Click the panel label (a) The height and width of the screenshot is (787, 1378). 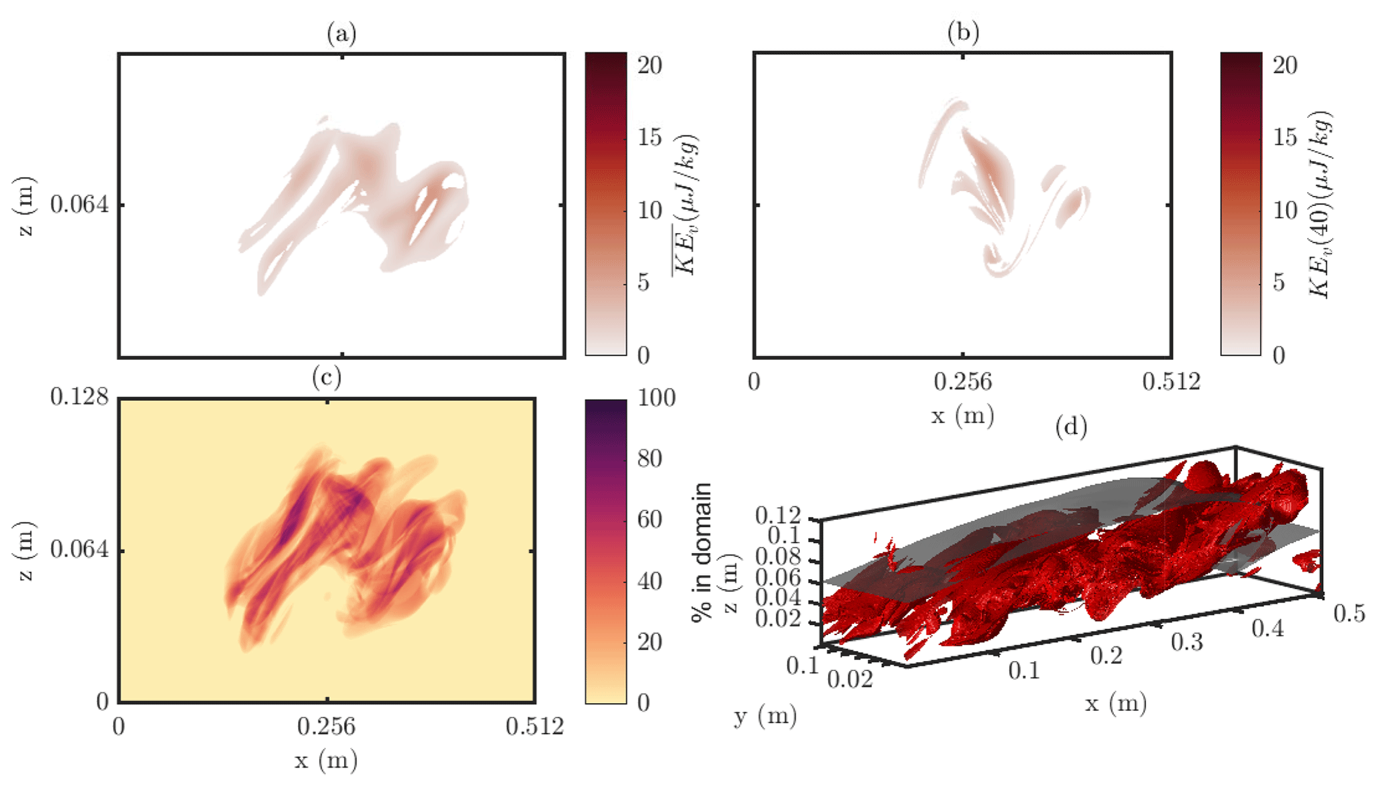[341, 33]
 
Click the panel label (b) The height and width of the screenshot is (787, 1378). [963, 33]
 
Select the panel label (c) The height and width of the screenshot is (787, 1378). [327, 378]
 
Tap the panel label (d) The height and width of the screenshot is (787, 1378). [1071, 426]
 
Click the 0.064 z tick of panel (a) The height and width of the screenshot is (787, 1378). [79, 205]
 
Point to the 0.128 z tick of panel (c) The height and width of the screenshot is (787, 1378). [79, 397]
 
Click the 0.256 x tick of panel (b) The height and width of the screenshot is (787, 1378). [962, 382]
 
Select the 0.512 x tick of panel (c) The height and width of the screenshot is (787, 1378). [535, 726]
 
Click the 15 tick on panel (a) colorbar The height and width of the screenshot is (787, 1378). [649, 137]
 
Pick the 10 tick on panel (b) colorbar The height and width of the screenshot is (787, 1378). [1285, 211]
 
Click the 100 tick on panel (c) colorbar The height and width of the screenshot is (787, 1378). [656, 398]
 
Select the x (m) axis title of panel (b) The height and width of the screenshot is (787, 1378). [962, 416]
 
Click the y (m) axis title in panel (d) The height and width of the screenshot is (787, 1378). [765, 716]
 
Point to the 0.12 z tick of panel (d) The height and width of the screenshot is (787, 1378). [778, 515]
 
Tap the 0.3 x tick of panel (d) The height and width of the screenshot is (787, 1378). [1187, 642]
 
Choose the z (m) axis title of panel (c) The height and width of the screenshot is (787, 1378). [25, 550]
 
